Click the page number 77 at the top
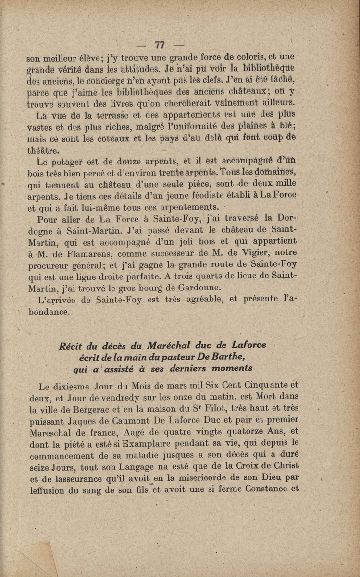(160, 45)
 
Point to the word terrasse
(112, 115)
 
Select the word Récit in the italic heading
(71, 346)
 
